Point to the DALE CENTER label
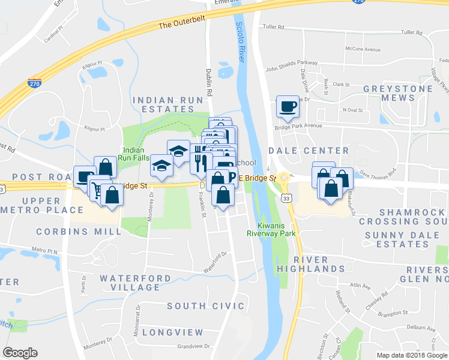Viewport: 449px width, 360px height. click(x=309, y=151)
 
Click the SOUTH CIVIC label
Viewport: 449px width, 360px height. click(x=199, y=306)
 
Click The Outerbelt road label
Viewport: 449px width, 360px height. click(x=182, y=22)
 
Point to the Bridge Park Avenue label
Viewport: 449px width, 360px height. click(x=298, y=126)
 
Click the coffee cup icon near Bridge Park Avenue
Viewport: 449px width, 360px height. click(x=287, y=106)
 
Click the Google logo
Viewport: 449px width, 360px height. click(x=20, y=353)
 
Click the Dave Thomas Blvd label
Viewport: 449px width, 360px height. click(x=378, y=174)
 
